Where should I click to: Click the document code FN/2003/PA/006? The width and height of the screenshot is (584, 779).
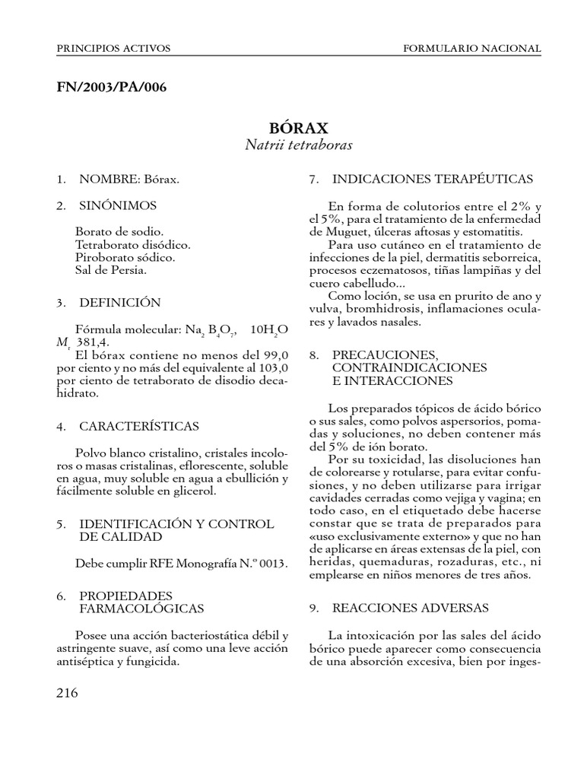pos(111,87)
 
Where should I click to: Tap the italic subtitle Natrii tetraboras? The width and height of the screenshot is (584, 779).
pos(299,144)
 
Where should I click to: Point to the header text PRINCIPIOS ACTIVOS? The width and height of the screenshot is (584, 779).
pos(113,48)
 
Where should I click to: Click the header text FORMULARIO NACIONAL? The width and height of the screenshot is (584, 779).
pos(471,48)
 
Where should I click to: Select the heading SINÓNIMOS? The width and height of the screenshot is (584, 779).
pos(118,205)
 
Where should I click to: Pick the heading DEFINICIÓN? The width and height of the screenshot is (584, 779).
pos(119,302)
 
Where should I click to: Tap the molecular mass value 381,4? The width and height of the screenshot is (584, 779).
pos(94,343)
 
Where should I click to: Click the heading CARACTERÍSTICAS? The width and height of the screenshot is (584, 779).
pos(139,426)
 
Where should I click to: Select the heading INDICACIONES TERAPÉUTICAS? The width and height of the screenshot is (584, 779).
pos(433,179)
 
